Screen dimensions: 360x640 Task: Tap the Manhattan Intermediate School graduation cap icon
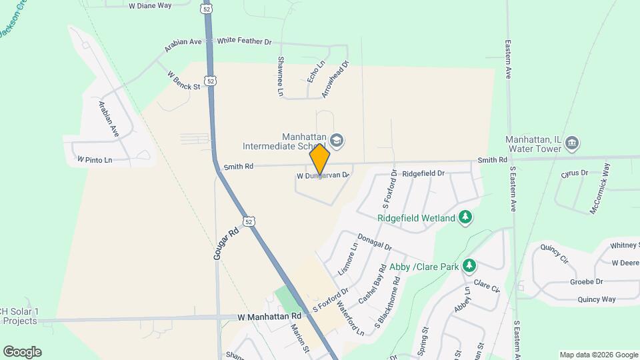pyautogui.click(x=337, y=140)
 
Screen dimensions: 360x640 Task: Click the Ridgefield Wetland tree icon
pyautogui.click(x=465, y=217)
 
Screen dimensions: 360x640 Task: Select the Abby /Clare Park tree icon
pyautogui.click(x=469, y=266)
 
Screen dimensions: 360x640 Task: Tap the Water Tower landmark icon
pyautogui.click(x=572, y=143)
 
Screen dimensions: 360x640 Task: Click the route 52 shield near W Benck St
pyautogui.click(x=211, y=81)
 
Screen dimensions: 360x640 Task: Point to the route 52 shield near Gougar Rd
pyautogui.click(x=249, y=221)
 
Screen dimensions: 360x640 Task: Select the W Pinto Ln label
pyautogui.click(x=95, y=160)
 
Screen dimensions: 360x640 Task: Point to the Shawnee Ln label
pyautogui.click(x=280, y=76)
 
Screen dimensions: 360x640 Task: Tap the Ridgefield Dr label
pyautogui.click(x=423, y=173)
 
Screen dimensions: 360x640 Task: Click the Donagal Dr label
pyautogui.click(x=374, y=241)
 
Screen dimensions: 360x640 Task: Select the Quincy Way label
pyautogui.click(x=597, y=299)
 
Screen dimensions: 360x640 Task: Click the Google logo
pyautogui.click(x=22, y=352)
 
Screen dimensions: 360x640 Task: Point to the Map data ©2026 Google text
pyautogui.click(x=598, y=355)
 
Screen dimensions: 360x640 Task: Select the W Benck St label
pyautogui.click(x=183, y=81)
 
